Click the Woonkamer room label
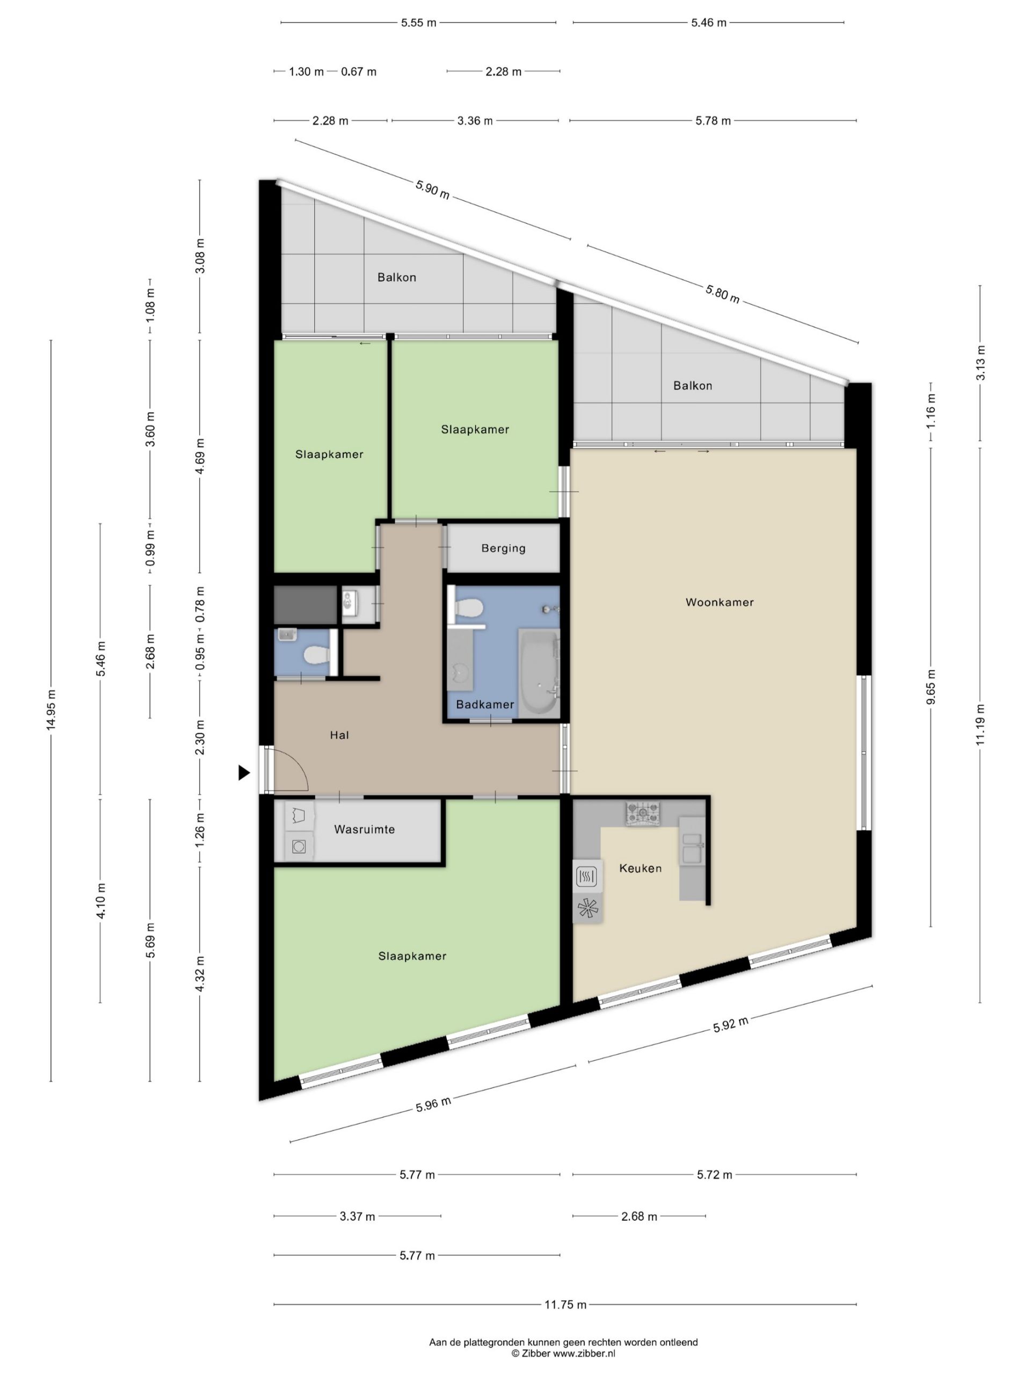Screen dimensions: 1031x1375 tap(719, 602)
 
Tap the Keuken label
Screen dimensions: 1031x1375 tap(640, 869)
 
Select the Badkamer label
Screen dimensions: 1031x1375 tap(485, 704)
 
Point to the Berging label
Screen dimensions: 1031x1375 tap(503, 548)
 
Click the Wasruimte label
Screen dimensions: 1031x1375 tap(364, 829)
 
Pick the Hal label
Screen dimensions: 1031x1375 tap(339, 735)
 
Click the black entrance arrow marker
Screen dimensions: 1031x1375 tap(244, 773)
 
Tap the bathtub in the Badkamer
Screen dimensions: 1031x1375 tap(539, 672)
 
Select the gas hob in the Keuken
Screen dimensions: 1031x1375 tap(643, 813)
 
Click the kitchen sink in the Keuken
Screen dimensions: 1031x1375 tap(692, 848)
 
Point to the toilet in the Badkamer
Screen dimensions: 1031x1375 tap(469, 608)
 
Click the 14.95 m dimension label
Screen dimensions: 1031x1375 tap(51, 710)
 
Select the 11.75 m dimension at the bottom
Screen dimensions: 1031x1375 tap(565, 1304)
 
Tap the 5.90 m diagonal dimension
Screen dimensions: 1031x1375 tap(432, 189)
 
